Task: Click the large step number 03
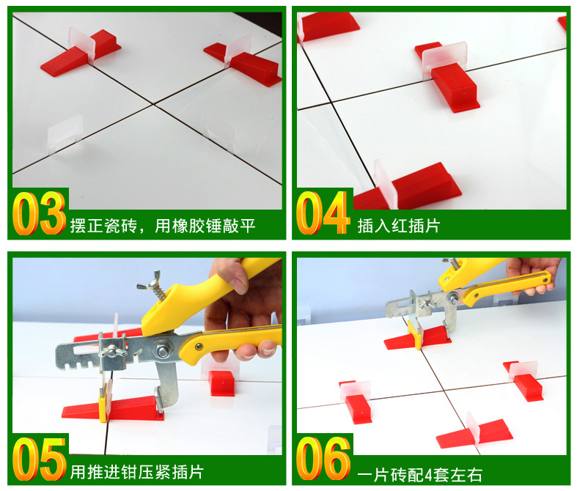40,213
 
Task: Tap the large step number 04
323,213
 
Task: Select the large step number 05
40,459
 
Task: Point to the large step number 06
323,459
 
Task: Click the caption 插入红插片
399,226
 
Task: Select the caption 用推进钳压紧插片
137,472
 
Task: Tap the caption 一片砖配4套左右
420,475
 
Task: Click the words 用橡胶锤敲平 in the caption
205,226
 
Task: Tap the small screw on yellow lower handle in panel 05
199,346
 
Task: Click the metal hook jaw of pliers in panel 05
165,385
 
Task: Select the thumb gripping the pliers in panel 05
229,276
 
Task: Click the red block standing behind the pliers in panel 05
221,383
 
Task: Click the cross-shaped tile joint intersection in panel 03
152,105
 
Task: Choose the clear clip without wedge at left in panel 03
65,134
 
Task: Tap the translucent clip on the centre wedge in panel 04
444,58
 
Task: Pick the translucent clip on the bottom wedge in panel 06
474,429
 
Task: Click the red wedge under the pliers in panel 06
417,339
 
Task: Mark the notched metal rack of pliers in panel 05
79,357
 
